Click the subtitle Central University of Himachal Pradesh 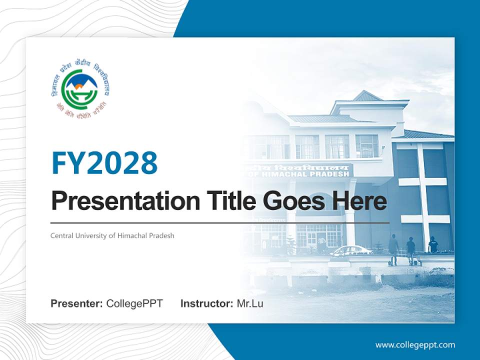[112, 235]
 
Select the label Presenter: [77, 303]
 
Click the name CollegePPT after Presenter [134, 303]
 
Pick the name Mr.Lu [250, 303]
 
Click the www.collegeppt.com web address [415, 344]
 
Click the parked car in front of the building [350, 250]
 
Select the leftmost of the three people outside [393, 247]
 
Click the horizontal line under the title [220, 222]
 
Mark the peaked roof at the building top [367, 96]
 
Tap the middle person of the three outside [411, 248]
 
